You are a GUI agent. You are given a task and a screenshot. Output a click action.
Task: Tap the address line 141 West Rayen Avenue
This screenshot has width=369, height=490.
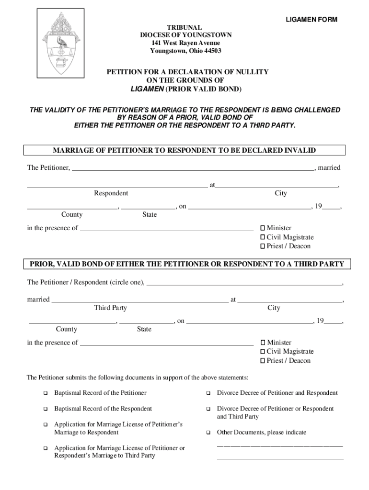pos(185,43)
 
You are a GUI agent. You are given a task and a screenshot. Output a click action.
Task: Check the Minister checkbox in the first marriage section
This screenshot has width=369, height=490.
pos(263,228)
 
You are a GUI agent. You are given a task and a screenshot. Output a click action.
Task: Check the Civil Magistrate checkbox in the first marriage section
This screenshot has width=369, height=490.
pos(263,237)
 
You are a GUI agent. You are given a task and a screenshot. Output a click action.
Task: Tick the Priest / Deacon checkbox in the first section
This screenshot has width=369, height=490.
pos(263,246)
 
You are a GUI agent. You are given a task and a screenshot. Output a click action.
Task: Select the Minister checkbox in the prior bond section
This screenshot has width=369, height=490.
pos(263,343)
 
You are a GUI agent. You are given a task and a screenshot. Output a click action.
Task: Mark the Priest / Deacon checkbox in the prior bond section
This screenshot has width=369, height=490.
pos(263,361)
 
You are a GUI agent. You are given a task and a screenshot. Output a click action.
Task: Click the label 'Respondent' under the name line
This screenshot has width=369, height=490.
pos(111,193)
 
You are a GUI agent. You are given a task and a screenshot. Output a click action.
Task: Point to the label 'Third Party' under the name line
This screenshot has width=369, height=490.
pos(110,308)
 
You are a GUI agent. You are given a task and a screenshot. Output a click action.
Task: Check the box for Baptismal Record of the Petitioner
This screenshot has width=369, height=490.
pos(46,393)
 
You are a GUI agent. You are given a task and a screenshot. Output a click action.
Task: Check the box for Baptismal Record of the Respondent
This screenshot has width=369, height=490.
pos(46,409)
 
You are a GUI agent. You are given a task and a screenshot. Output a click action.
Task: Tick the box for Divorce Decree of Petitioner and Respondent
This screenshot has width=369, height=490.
pos(208,393)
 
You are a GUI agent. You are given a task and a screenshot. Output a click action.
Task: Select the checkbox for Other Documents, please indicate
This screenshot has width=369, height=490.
pos(208,433)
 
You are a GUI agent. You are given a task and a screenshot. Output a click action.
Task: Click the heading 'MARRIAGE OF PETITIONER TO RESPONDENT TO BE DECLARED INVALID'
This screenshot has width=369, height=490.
pos(184,150)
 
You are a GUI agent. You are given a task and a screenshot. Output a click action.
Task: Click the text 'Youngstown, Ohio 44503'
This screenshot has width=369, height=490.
pos(185,51)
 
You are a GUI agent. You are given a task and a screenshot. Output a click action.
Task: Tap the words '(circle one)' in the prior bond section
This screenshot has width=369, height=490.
pos(127,282)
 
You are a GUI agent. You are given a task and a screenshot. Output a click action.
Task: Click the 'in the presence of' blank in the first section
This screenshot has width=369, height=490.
pos(166,228)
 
